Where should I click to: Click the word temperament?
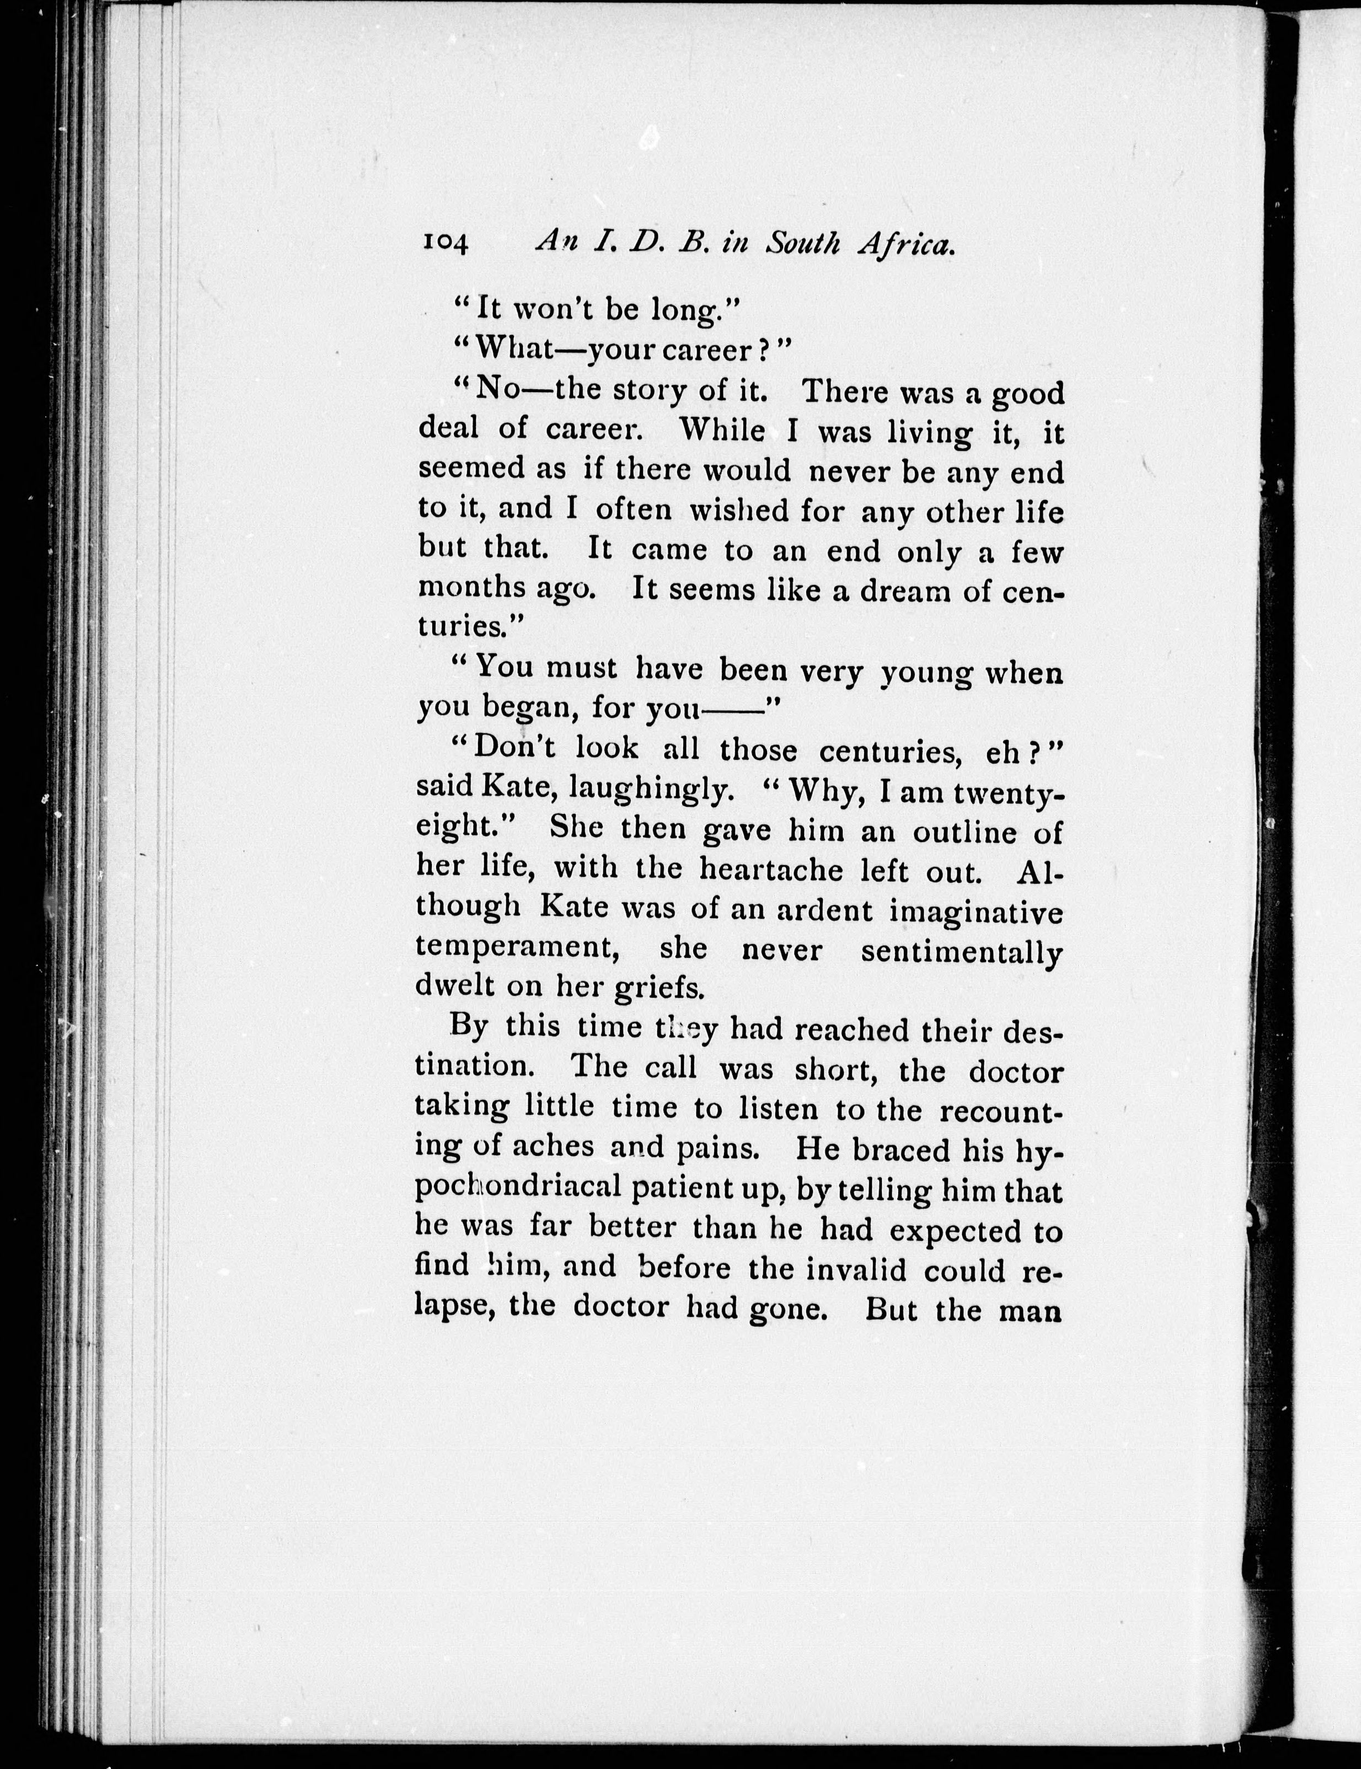point(518,950)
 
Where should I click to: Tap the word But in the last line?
point(891,1309)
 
